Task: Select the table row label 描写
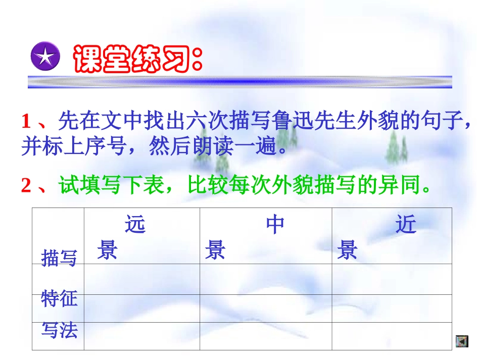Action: pyautogui.click(x=59, y=258)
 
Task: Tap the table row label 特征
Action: pyautogui.click(x=59, y=298)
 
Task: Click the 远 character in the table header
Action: pyautogui.click(x=135, y=225)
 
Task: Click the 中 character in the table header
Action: pyautogui.click(x=275, y=225)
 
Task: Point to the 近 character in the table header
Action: pyautogui.click(x=406, y=225)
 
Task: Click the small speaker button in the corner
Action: pyautogui.click(x=462, y=341)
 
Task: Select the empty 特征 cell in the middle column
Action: pyautogui.click(x=265, y=308)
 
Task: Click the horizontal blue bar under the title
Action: pyautogui.click(x=239, y=81)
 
